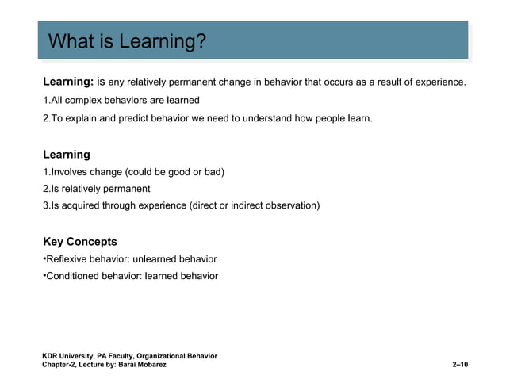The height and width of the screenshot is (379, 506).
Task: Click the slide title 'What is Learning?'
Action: coord(127,40)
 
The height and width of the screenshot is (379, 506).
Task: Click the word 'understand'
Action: coord(267,118)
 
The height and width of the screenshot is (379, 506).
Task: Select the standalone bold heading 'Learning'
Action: coord(66,155)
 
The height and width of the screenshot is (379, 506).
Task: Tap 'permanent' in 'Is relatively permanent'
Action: coord(127,189)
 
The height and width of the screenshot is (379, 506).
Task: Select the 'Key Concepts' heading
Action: coord(79,242)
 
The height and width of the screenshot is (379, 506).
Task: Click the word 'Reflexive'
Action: coord(67,259)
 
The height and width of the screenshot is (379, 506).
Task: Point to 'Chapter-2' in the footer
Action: coord(59,364)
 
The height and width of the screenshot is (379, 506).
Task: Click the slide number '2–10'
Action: coord(459,364)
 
